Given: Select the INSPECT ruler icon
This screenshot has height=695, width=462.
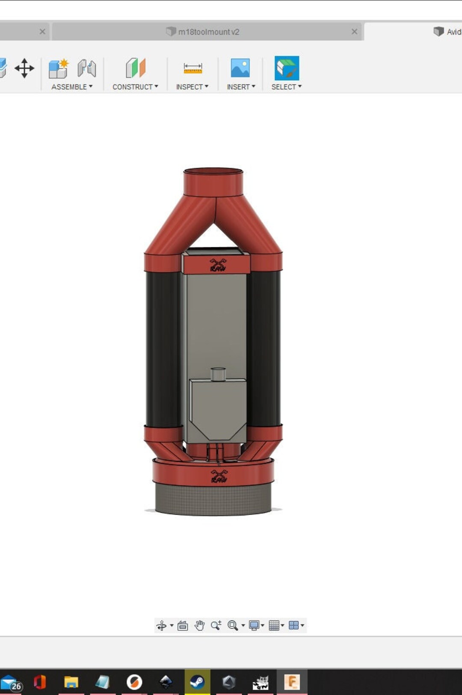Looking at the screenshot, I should tap(192, 68).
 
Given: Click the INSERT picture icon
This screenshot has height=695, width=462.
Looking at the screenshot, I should tap(240, 68).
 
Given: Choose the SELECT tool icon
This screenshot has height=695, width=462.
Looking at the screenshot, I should tap(287, 68).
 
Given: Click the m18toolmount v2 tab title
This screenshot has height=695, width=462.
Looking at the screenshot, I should tap(208, 32).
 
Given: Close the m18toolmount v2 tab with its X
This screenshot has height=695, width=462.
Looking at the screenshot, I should tap(354, 32).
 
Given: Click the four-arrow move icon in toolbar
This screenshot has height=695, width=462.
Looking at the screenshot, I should tap(24, 68).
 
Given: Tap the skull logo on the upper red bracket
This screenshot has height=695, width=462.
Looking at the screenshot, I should tap(217, 265).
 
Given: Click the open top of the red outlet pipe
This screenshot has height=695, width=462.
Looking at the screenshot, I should tap(213, 172).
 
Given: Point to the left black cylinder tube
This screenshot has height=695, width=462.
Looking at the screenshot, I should tap(163, 349).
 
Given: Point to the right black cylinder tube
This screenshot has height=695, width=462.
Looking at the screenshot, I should tap(264, 349).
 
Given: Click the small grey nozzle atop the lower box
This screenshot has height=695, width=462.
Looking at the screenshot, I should tap(218, 374).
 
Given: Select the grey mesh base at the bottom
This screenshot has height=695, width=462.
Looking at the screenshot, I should tap(213, 498).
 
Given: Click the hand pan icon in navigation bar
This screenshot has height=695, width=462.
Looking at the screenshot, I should tap(199, 625).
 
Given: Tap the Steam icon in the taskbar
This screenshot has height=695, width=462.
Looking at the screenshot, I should tap(197, 682).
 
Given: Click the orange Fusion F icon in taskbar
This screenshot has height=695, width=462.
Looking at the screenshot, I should tap(292, 682).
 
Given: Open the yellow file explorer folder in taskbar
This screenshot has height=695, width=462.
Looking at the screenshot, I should tap(71, 682).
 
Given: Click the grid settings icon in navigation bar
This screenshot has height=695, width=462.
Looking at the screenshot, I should tap(274, 625).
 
